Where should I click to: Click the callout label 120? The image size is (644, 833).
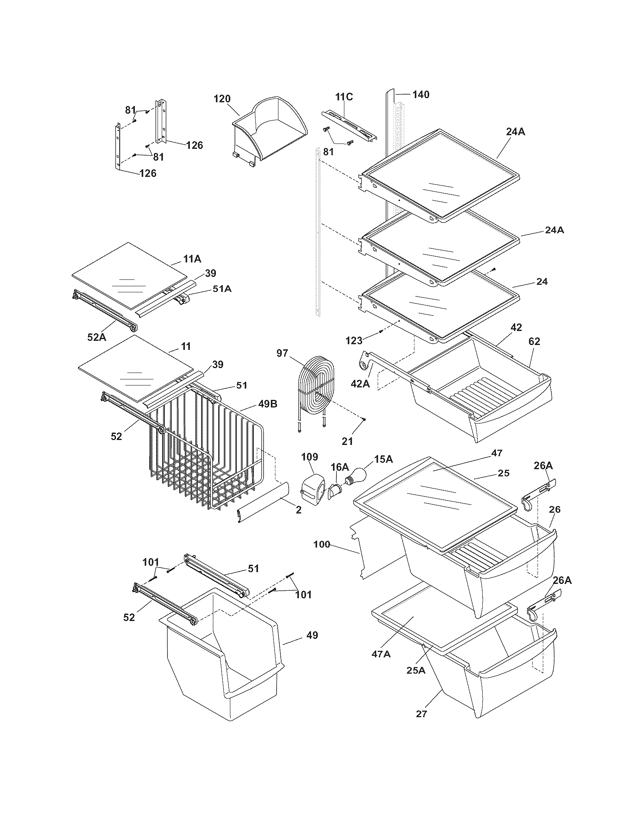(222, 99)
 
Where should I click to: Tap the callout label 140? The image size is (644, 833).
(420, 94)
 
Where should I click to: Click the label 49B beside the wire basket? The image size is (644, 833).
(268, 404)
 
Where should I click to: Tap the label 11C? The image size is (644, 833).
(344, 97)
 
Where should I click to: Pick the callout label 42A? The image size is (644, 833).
(361, 383)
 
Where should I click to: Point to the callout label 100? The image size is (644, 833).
(322, 544)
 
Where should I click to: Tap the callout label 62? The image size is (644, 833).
(534, 342)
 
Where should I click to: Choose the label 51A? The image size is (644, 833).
(222, 289)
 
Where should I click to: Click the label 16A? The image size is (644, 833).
(339, 466)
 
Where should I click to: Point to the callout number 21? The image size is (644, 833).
(347, 441)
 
